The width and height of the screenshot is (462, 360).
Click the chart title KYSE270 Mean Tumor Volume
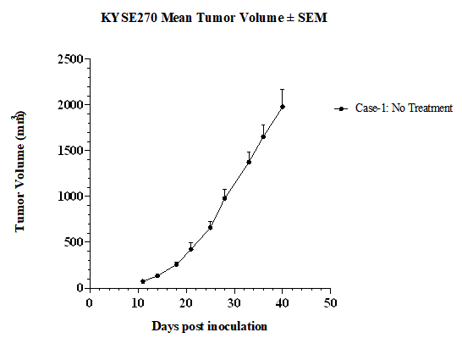(x=192, y=18)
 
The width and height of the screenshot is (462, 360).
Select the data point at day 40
(x=283, y=107)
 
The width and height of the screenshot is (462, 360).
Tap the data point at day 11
(x=143, y=281)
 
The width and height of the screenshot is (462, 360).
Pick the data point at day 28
(x=224, y=198)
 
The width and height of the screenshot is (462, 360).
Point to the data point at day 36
(x=263, y=136)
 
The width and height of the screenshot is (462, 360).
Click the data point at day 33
(x=249, y=162)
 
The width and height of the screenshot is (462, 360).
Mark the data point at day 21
(x=191, y=249)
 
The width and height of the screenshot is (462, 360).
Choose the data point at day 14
(x=157, y=275)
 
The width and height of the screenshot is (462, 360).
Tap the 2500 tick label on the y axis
(x=70, y=59)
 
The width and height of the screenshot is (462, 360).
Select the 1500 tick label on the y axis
(x=70, y=151)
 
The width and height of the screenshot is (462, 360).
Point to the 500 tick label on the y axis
(x=74, y=242)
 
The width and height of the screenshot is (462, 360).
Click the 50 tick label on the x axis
(x=330, y=302)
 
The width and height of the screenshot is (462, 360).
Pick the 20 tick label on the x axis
(x=186, y=302)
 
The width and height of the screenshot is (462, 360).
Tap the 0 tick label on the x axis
(x=90, y=302)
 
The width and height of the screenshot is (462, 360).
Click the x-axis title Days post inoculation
(x=210, y=326)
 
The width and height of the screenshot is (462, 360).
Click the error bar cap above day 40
(x=283, y=89)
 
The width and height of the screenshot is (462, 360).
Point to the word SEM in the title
(x=312, y=18)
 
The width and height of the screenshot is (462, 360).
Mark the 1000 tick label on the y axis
(x=70, y=197)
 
